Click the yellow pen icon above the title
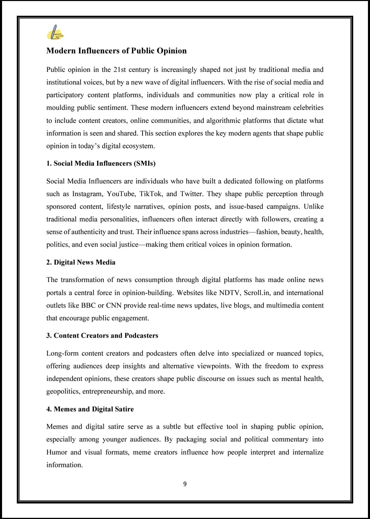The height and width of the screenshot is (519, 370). [55, 33]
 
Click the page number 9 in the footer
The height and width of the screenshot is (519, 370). [185, 484]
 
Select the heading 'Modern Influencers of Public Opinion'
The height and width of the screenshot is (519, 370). [116, 51]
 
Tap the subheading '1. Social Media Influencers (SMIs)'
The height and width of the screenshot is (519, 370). [101, 163]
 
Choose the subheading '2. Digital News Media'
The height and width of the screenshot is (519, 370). [81, 262]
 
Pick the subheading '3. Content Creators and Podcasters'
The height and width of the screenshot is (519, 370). [102, 336]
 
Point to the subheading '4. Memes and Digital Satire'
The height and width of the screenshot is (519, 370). [90, 409]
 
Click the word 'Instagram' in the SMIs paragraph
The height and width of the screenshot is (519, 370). [87, 194]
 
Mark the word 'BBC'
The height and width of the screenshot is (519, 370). [88, 305]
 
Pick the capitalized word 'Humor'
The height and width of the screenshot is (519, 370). [57, 452]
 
